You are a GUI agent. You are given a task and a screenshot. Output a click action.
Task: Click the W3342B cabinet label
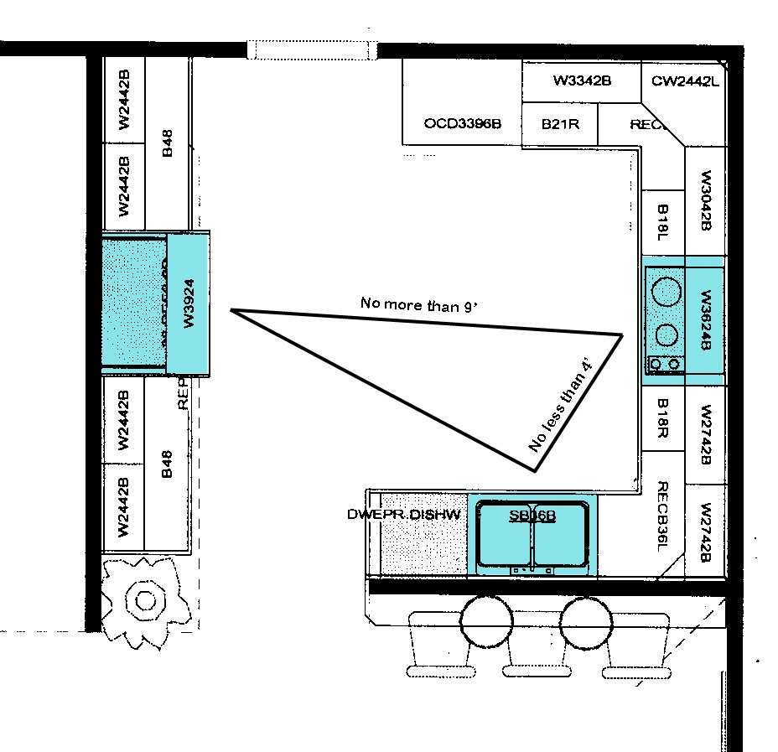coord(581,81)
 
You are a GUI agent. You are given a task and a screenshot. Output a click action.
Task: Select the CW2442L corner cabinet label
coord(685,81)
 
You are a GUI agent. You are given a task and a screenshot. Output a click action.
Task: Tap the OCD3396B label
coord(462,123)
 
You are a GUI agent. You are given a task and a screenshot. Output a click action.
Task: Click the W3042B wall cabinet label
coord(705,201)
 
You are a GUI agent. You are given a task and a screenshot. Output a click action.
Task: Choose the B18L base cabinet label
coord(662,222)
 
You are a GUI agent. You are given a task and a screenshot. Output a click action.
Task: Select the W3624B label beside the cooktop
coord(705,320)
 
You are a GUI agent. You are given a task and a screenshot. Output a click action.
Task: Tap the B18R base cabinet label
coord(662,418)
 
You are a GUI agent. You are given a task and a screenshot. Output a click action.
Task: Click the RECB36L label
coord(662,516)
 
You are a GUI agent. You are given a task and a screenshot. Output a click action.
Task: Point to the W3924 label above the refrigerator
coord(189,303)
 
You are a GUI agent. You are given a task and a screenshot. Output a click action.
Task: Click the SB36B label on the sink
coord(532,516)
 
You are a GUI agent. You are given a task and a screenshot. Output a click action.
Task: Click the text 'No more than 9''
coord(418,304)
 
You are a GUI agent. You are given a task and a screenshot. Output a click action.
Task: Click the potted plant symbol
coord(145,599)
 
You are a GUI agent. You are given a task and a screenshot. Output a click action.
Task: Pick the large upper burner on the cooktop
coord(666,292)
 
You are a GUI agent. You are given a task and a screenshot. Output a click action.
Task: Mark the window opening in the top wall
coord(312,50)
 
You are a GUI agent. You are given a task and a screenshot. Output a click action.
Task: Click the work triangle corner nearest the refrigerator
coord(232,311)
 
